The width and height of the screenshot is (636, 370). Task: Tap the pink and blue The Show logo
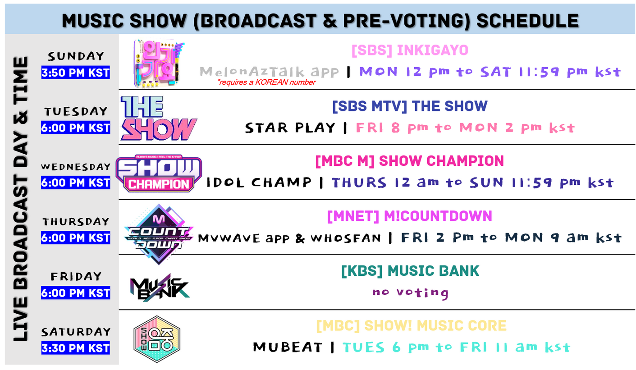click(x=158, y=118)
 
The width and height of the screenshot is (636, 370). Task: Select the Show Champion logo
click(x=159, y=173)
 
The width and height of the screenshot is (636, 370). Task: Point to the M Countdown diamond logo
click(x=158, y=234)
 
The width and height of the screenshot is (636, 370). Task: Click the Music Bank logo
click(x=160, y=288)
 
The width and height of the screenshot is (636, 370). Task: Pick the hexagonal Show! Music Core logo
click(x=157, y=339)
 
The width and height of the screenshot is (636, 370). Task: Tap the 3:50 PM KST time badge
click(x=76, y=73)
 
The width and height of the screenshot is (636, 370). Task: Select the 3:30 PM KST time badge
click(x=76, y=348)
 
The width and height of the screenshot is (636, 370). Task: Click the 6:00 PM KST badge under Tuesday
click(x=76, y=128)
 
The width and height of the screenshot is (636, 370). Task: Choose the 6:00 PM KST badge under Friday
click(x=76, y=293)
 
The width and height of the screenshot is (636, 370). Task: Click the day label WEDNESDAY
click(x=76, y=167)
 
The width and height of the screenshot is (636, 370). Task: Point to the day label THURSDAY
click(x=76, y=221)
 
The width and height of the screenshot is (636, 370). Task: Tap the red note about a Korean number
click(x=266, y=82)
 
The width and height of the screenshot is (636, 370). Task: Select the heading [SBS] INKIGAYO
click(x=410, y=50)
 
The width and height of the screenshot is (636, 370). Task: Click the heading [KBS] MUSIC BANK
click(x=410, y=270)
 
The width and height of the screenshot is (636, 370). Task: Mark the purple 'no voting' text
click(x=410, y=292)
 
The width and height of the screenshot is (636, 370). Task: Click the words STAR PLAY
click(x=290, y=128)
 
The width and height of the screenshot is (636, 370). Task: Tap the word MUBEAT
click(x=288, y=347)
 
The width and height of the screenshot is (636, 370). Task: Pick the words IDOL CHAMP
click(x=259, y=183)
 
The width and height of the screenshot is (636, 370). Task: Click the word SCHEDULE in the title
click(x=527, y=20)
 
